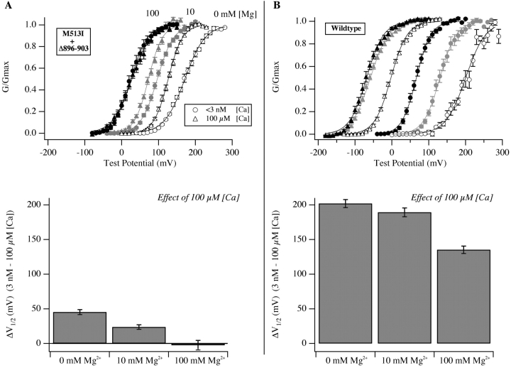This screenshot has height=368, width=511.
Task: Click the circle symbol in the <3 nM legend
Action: point(192,111)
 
